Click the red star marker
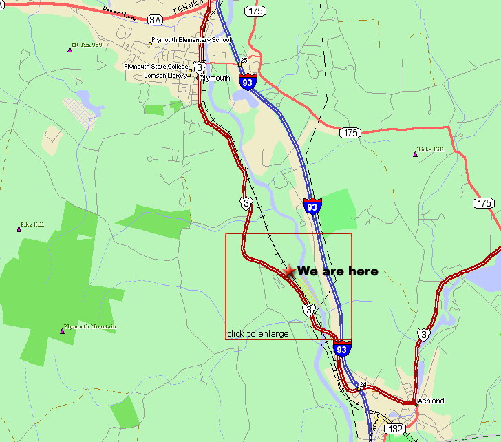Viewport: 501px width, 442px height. click(290, 272)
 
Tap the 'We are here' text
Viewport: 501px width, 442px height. click(337, 271)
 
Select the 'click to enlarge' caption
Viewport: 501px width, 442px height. click(257, 334)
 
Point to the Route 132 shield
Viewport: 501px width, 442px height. click(395, 429)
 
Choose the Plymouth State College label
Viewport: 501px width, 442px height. click(156, 67)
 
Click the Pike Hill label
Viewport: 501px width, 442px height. click(32, 224)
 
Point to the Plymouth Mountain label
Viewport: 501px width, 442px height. click(89, 326)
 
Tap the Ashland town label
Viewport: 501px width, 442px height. click(431, 401)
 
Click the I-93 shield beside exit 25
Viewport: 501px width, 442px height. click(248, 81)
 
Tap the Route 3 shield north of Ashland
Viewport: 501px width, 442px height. click(423, 334)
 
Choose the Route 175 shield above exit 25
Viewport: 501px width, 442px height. click(256, 11)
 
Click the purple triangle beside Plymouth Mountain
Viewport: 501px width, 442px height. click(62, 331)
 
